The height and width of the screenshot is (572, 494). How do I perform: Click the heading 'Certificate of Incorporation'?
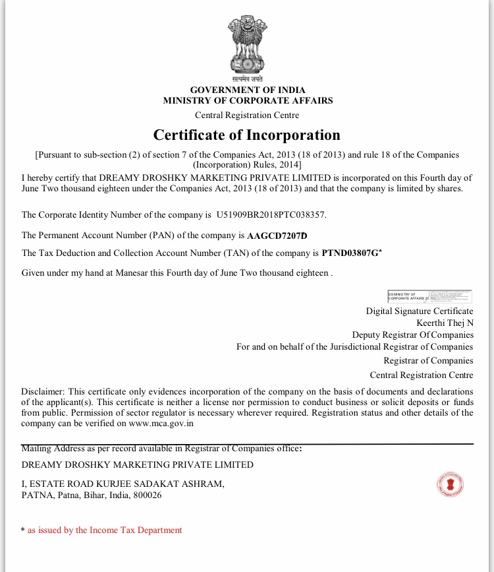(247, 135)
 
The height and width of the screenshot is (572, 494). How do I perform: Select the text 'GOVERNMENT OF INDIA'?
(248, 90)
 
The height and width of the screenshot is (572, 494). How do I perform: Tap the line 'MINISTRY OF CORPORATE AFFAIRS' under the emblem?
(248, 101)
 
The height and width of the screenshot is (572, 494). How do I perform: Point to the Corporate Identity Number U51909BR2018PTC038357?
(271, 215)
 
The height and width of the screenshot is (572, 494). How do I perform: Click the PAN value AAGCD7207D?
(277, 235)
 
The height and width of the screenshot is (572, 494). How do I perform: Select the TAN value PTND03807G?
(350, 253)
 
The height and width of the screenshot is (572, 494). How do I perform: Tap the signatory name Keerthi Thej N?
(445, 323)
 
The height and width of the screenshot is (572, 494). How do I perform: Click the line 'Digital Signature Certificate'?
(420, 311)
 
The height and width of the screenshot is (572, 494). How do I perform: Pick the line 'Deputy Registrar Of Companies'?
(412, 334)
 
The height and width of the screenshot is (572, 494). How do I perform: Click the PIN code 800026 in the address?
(147, 495)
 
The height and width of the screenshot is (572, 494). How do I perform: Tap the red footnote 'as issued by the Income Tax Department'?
(105, 530)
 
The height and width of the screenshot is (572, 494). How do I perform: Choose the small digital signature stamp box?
(429, 296)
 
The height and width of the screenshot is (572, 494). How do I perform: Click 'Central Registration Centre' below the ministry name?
(247, 115)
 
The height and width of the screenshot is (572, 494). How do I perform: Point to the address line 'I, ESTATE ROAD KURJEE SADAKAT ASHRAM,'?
(123, 484)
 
